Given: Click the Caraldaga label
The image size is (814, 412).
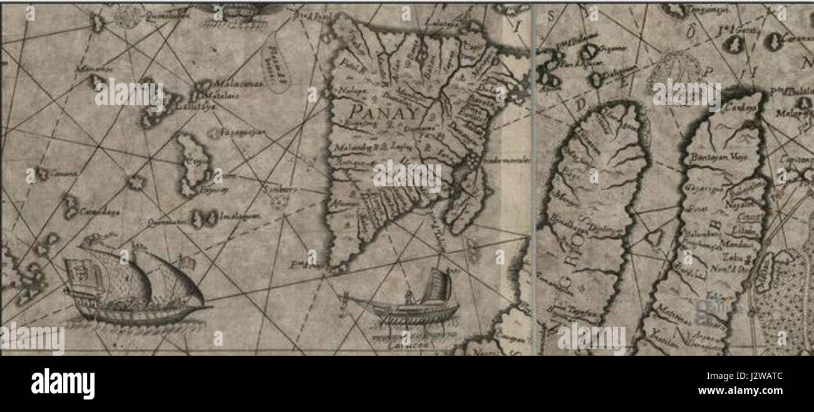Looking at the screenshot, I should [x=98, y=212].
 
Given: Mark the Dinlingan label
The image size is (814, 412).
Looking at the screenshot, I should [x=606, y=229].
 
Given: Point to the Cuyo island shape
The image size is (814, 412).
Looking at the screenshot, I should [x=189, y=164].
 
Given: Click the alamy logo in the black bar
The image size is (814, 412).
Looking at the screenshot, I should [x=63, y=383].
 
